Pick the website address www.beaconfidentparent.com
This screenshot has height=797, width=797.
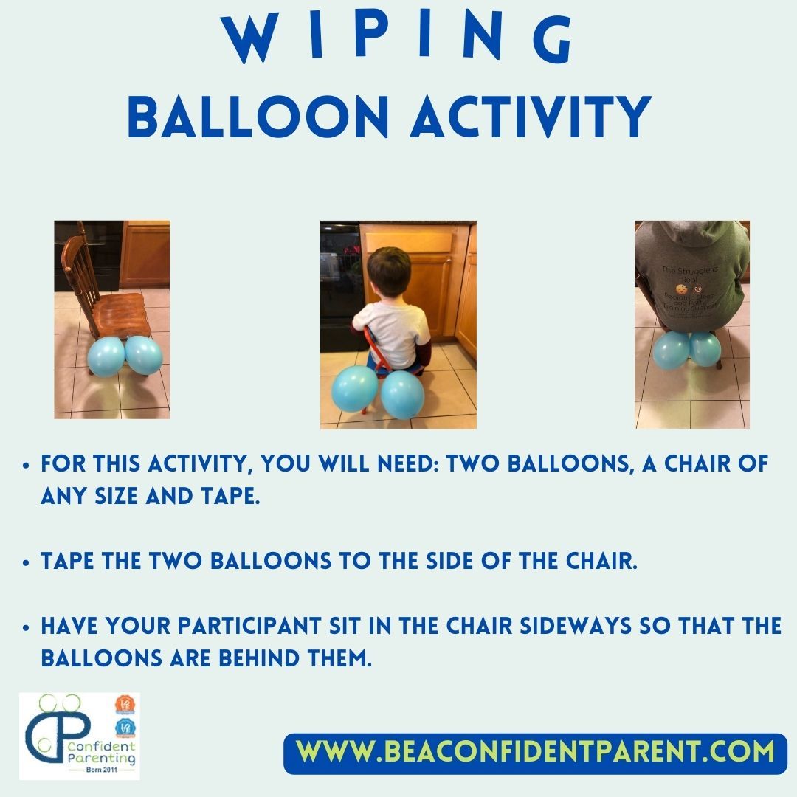(x=536, y=752)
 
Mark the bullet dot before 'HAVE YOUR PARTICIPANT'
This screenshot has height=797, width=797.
(x=27, y=627)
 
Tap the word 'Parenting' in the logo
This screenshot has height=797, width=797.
(x=100, y=757)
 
